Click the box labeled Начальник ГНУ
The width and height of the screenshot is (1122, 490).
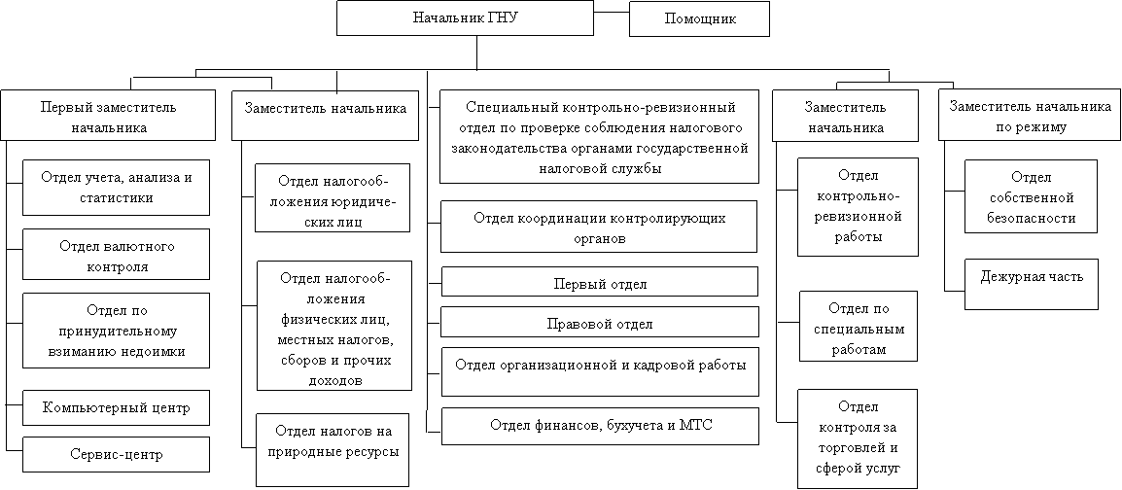[x=465, y=18]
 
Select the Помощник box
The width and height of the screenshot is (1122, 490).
[x=699, y=18]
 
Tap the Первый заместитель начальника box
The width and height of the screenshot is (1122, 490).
[x=108, y=115]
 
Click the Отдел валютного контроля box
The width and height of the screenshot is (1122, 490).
[x=116, y=254]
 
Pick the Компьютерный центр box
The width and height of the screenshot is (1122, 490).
[x=116, y=408]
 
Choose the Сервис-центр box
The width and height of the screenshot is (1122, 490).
[x=116, y=454]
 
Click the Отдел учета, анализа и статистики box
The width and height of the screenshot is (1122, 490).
[x=116, y=188]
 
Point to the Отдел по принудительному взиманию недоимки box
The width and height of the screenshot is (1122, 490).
[x=116, y=331]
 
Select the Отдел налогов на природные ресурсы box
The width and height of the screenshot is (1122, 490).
[x=333, y=450]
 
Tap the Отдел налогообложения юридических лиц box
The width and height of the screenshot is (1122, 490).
[x=333, y=198]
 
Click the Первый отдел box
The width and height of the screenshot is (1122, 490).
[x=600, y=282]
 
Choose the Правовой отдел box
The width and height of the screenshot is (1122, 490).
[x=600, y=322]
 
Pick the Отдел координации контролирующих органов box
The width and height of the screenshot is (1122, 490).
[x=599, y=227]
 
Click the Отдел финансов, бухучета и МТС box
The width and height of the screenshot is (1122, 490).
[x=600, y=427]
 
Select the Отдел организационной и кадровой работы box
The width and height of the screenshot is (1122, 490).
[x=600, y=371]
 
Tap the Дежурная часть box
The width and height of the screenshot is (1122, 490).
[x=1032, y=285]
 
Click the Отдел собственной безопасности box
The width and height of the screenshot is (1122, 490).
[x=1031, y=196]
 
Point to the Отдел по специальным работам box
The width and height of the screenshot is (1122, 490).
[x=859, y=327]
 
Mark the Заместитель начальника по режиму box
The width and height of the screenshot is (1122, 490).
[x=1030, y=115]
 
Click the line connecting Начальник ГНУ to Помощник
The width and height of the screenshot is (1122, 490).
[x=612, y=13]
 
